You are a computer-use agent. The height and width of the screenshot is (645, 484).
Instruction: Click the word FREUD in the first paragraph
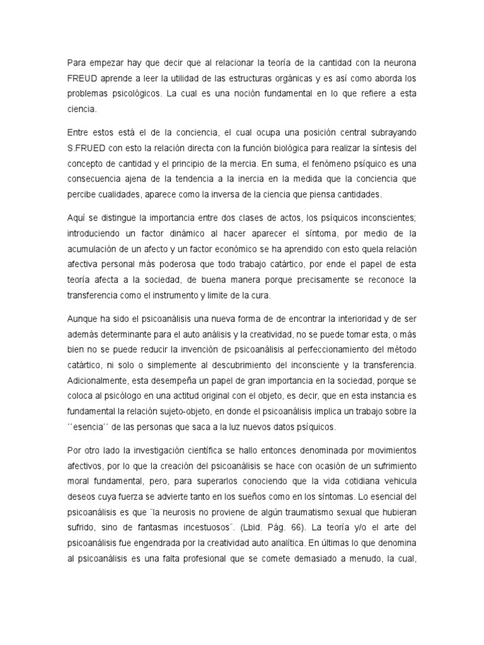click(83, 78)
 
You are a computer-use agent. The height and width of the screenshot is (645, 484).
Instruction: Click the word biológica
click(279, 149)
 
